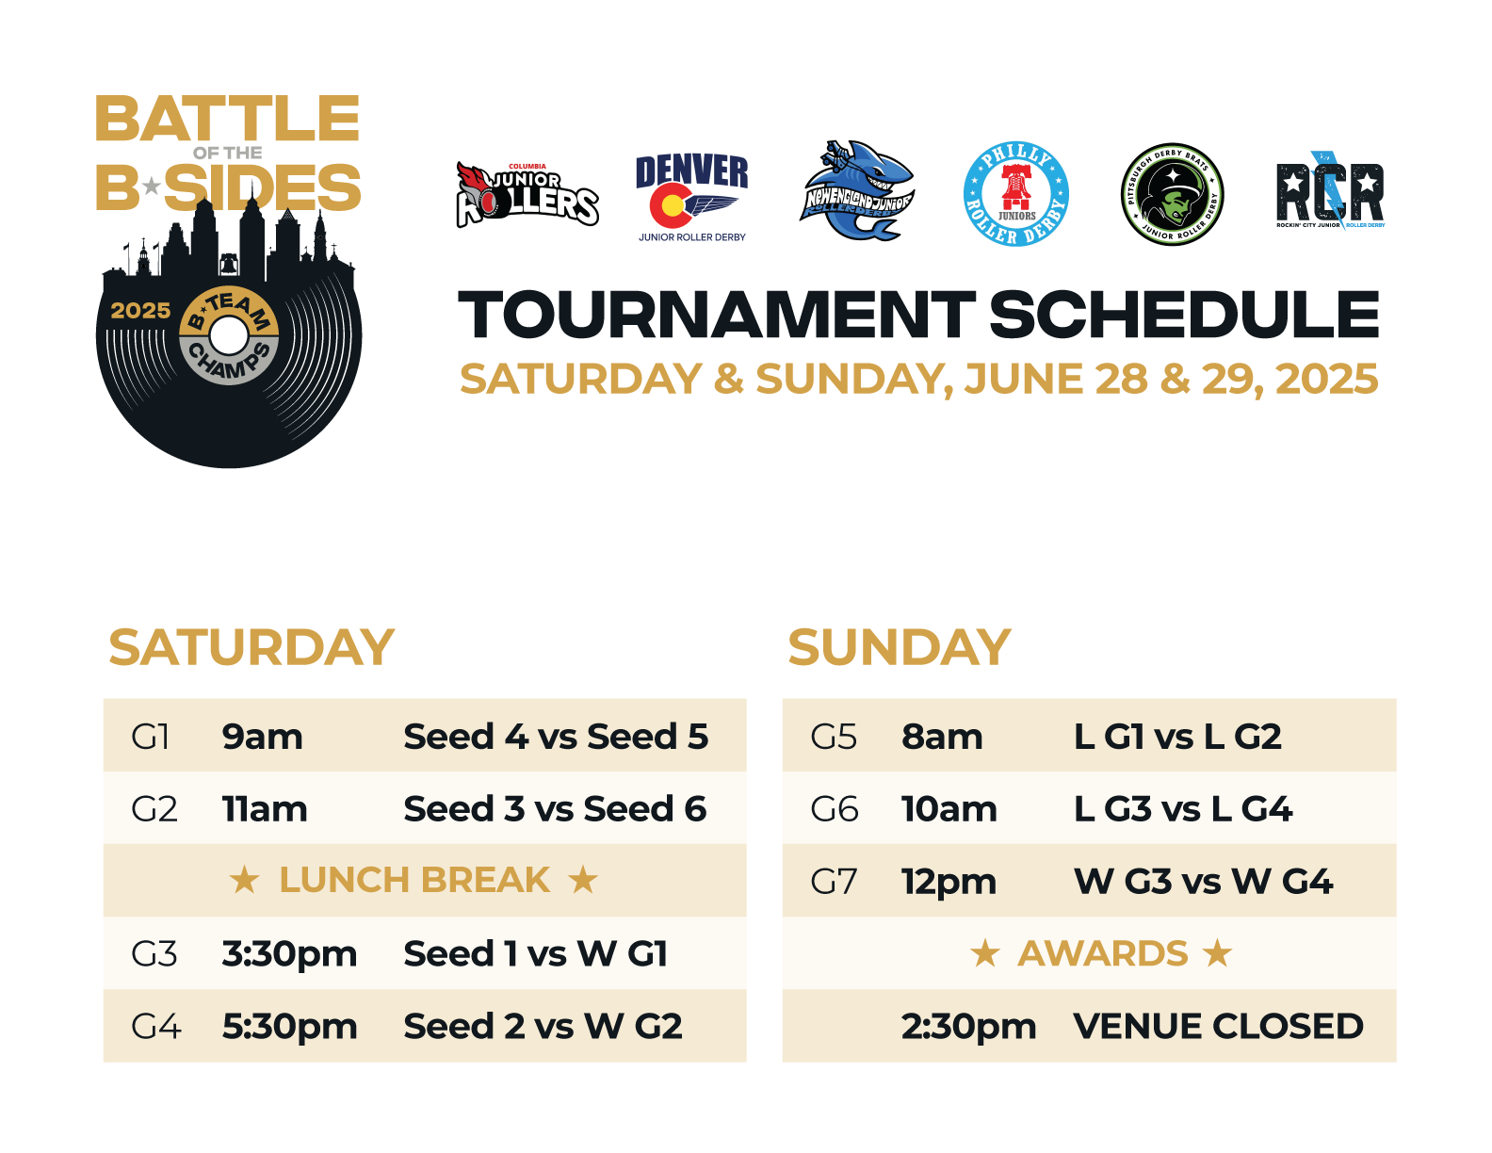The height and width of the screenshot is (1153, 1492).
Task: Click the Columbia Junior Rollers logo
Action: click(x=527, y=195)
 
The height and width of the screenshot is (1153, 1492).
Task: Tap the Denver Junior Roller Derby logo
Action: click(x=691, y=198)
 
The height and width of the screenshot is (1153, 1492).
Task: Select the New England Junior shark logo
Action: click(x=856, y=190)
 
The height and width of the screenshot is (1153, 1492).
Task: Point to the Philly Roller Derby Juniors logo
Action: click(x=1015, y=194)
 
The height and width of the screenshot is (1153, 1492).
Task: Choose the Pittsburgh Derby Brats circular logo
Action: click(x=1172, y=194)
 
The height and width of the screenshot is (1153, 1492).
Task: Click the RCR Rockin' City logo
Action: click(x=1330, y=190)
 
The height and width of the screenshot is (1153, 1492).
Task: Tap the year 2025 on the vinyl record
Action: click(x=140, y=311)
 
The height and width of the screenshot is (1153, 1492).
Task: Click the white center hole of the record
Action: click(x=228, y=335)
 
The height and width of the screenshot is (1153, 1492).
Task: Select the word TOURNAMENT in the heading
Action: click(x=716, y=316)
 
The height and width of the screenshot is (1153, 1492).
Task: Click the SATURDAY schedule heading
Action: click(x=251, y=647)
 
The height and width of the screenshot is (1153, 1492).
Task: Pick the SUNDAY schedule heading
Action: click(x=899, y=647)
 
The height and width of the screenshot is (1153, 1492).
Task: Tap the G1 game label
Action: click(x=150, y=737)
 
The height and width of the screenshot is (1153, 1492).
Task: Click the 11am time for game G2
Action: click(x=265, y=809)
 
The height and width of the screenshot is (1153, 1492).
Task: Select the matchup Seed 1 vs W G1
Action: click(x=536, y=953)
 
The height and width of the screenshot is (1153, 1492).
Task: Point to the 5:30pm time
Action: click(x=289, y=1028)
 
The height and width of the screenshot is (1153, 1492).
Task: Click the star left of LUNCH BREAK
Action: click(x=244, y=880)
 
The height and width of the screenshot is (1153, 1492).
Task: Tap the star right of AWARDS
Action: click(x=1217, y=952)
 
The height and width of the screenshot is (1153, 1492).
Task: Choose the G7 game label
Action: click(x=833, y=881)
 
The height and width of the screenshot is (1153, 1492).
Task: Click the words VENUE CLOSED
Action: click(x=1218, y=1027)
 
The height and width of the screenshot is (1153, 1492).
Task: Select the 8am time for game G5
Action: click(x=942, y=737)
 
